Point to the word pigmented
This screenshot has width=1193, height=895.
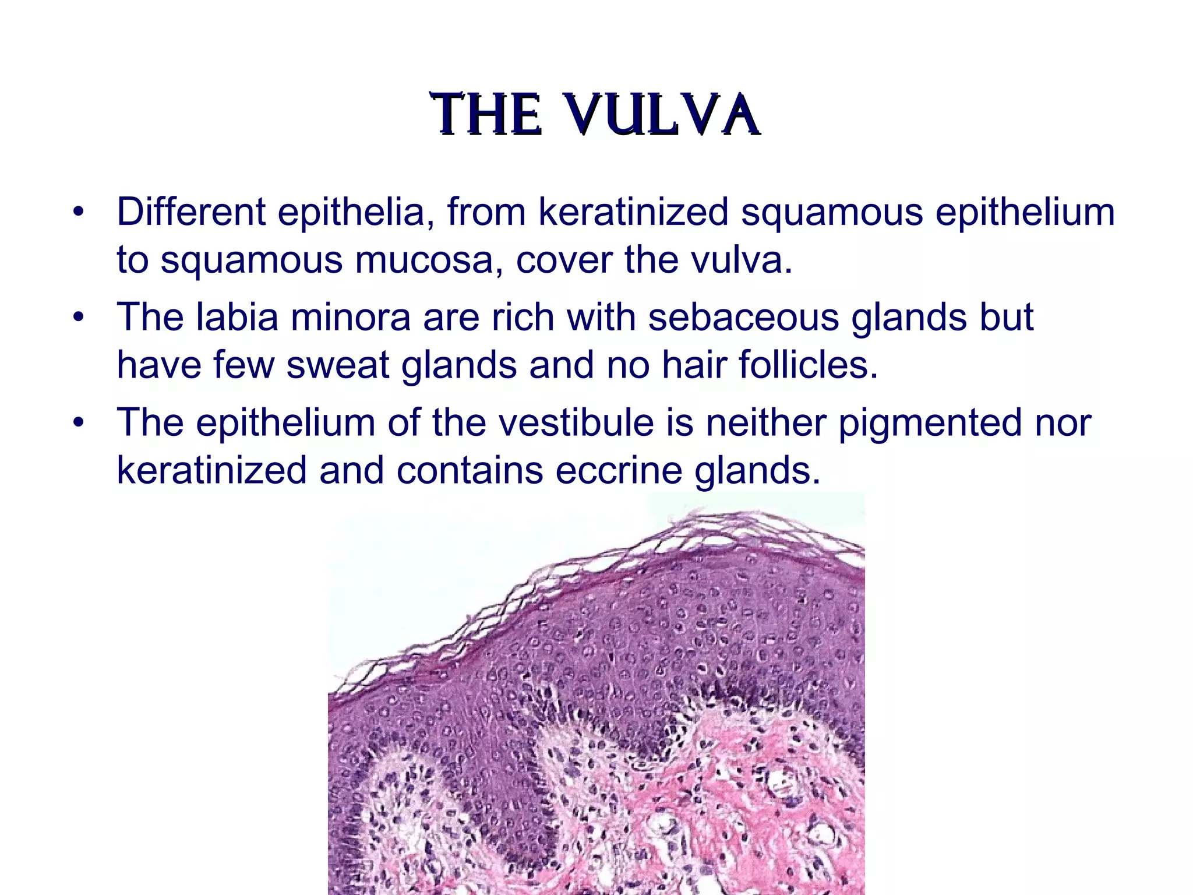pos(930,424)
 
